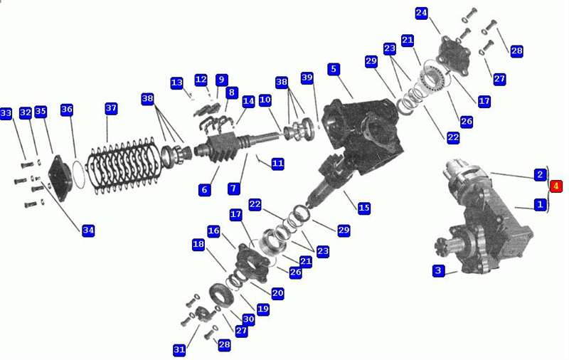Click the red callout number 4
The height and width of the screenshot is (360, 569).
click(x=555, y=186)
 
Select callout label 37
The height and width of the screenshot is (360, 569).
click(x=111, y=108)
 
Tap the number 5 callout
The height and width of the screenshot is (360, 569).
click(x=334, y=69)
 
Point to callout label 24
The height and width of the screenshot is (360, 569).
click(x=421, y=13)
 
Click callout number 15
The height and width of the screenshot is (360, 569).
click(x=364, y=208)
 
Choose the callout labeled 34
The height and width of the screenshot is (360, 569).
click(x=88, y=230)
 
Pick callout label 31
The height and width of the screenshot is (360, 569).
click(x=179, y=349)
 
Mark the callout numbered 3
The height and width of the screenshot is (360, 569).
click(x=438, y=270)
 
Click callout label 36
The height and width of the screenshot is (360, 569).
click(x=67, y=110)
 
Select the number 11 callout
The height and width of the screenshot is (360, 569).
click(x=277, y=164)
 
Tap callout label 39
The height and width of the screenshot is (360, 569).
click(x=307, y=78)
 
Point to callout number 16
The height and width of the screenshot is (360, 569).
click(x=214, y=231)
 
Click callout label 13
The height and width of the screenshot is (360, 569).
click(x=176, y=83)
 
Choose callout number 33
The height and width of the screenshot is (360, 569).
click(x=6, y=114)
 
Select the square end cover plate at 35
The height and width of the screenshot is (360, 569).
click(x=60, y=177)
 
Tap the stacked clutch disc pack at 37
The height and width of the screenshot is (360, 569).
click(x=123, y=166)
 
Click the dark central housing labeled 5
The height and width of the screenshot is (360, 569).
click(x=363, y=134)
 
